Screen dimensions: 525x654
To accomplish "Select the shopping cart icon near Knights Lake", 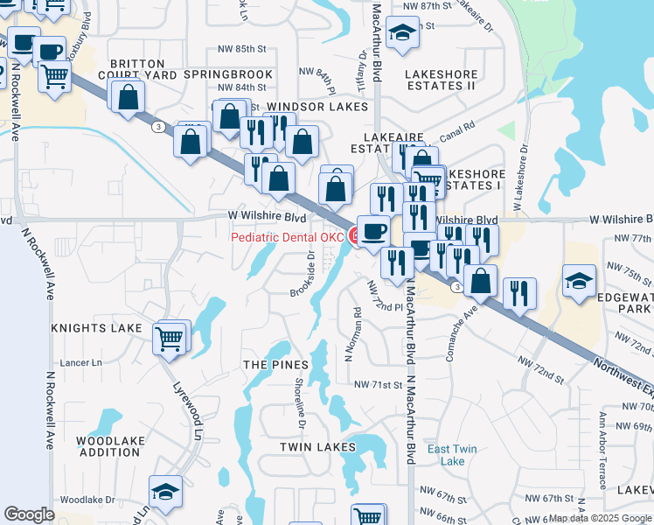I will [170, 338].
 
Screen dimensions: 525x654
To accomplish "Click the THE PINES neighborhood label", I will [275, 365].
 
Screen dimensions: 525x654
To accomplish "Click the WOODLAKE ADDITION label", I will [108, 446].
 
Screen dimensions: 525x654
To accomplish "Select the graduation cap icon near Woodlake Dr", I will [165, 493].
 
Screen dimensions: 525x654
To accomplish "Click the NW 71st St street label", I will [378, 385].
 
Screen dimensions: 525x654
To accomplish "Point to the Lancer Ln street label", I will [80, 362].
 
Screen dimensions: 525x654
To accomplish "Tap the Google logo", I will [28, 514].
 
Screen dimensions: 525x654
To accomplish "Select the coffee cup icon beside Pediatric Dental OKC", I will [373, 232].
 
